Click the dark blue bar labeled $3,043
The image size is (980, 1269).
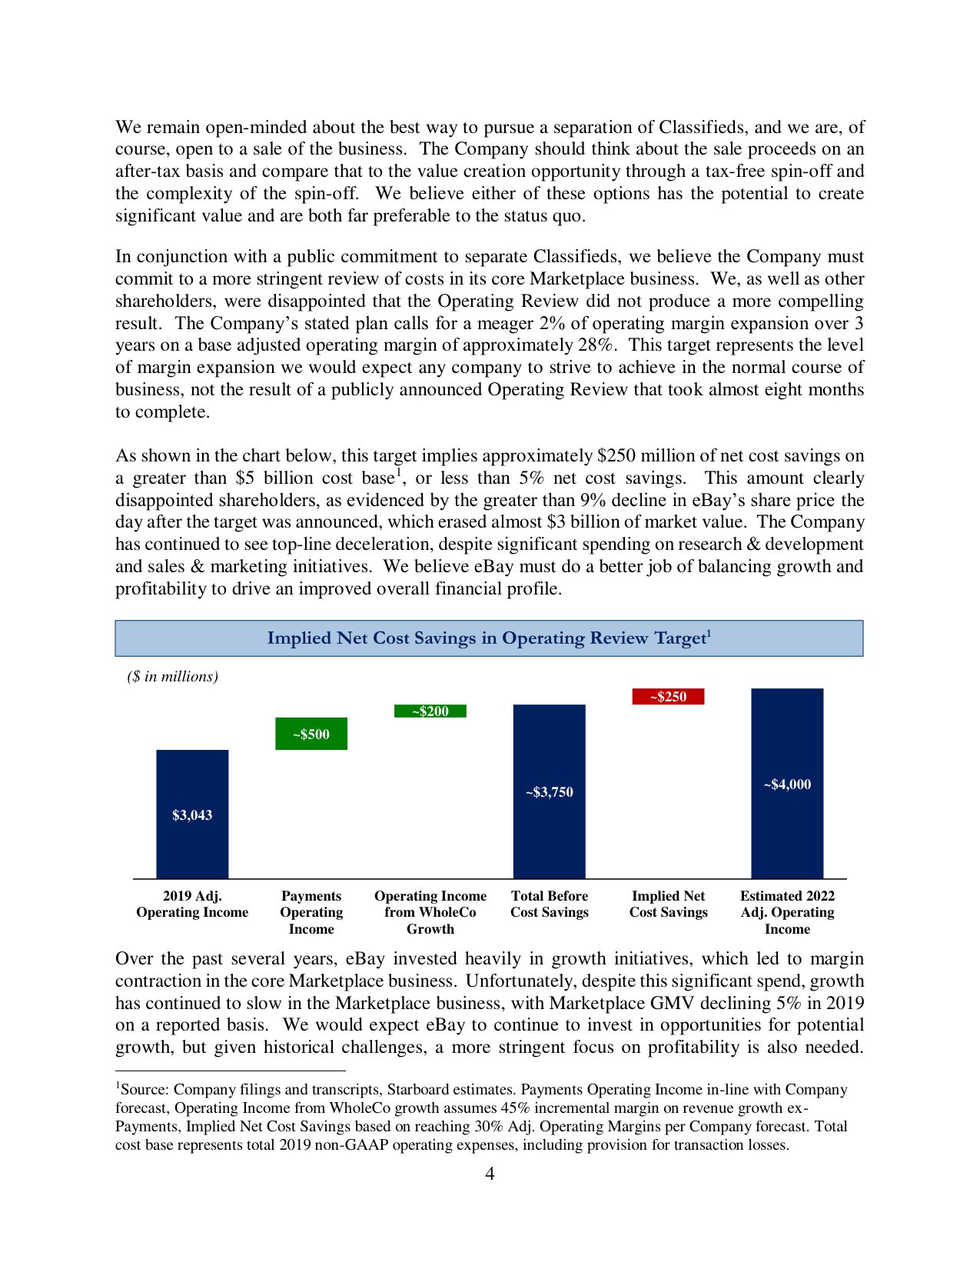pos(192,814)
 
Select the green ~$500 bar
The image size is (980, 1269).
pos(311,734)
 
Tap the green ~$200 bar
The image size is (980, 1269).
pos(430,711)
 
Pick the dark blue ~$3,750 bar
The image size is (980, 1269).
pos(549,791)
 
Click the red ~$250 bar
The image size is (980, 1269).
pos(668,697)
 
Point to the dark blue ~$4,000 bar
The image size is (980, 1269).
pos(787,784)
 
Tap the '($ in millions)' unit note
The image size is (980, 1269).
pos(173,677)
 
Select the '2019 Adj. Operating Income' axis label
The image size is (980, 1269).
pos(192,904)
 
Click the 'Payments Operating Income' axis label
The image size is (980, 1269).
pos(311,912)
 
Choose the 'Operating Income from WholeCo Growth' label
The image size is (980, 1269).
pos(430,912)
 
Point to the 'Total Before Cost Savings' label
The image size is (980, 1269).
pos(550,904)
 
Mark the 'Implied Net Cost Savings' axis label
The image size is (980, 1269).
pos(668,904)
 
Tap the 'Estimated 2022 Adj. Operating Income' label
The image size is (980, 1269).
pos(787,912)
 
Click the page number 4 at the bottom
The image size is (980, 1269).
pos(490,1174)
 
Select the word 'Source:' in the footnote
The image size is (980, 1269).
pos(145,1090)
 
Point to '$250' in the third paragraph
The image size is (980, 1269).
pos(616,456)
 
